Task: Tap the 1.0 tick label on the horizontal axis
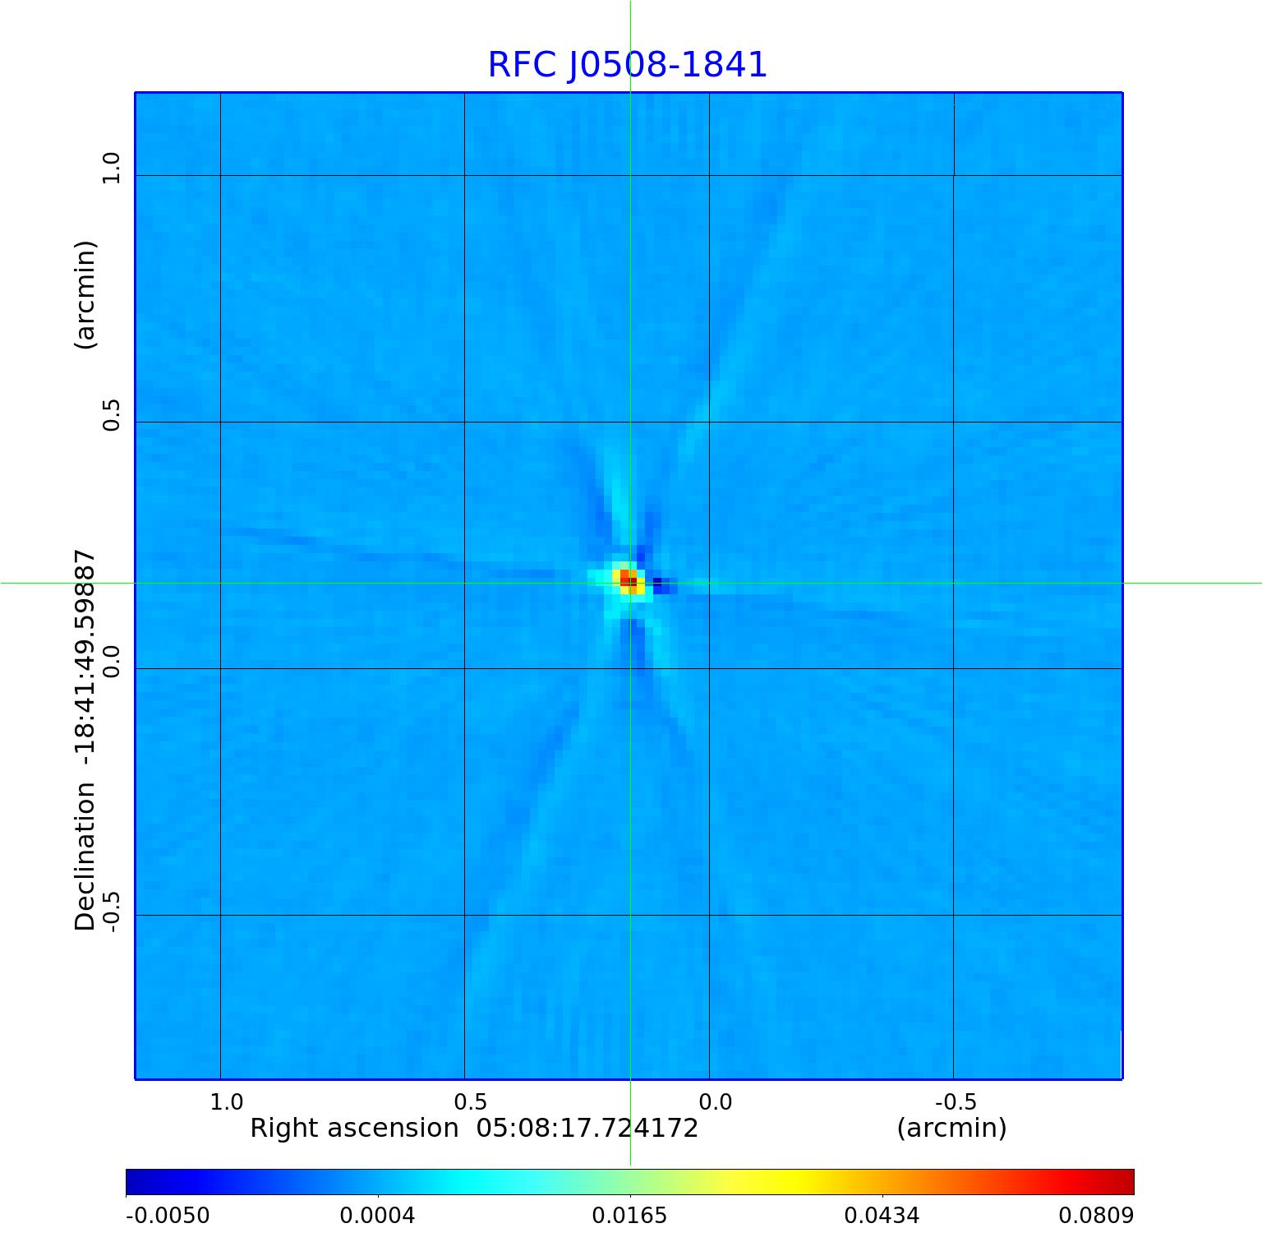227,1102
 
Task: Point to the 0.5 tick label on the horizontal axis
471,1102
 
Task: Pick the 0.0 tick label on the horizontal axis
715,1102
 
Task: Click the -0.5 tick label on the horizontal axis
955,1102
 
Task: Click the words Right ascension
354,1129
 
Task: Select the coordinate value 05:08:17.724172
587,1129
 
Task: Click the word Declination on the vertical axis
85,856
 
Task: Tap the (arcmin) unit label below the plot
951,1129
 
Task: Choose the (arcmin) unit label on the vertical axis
85,295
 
